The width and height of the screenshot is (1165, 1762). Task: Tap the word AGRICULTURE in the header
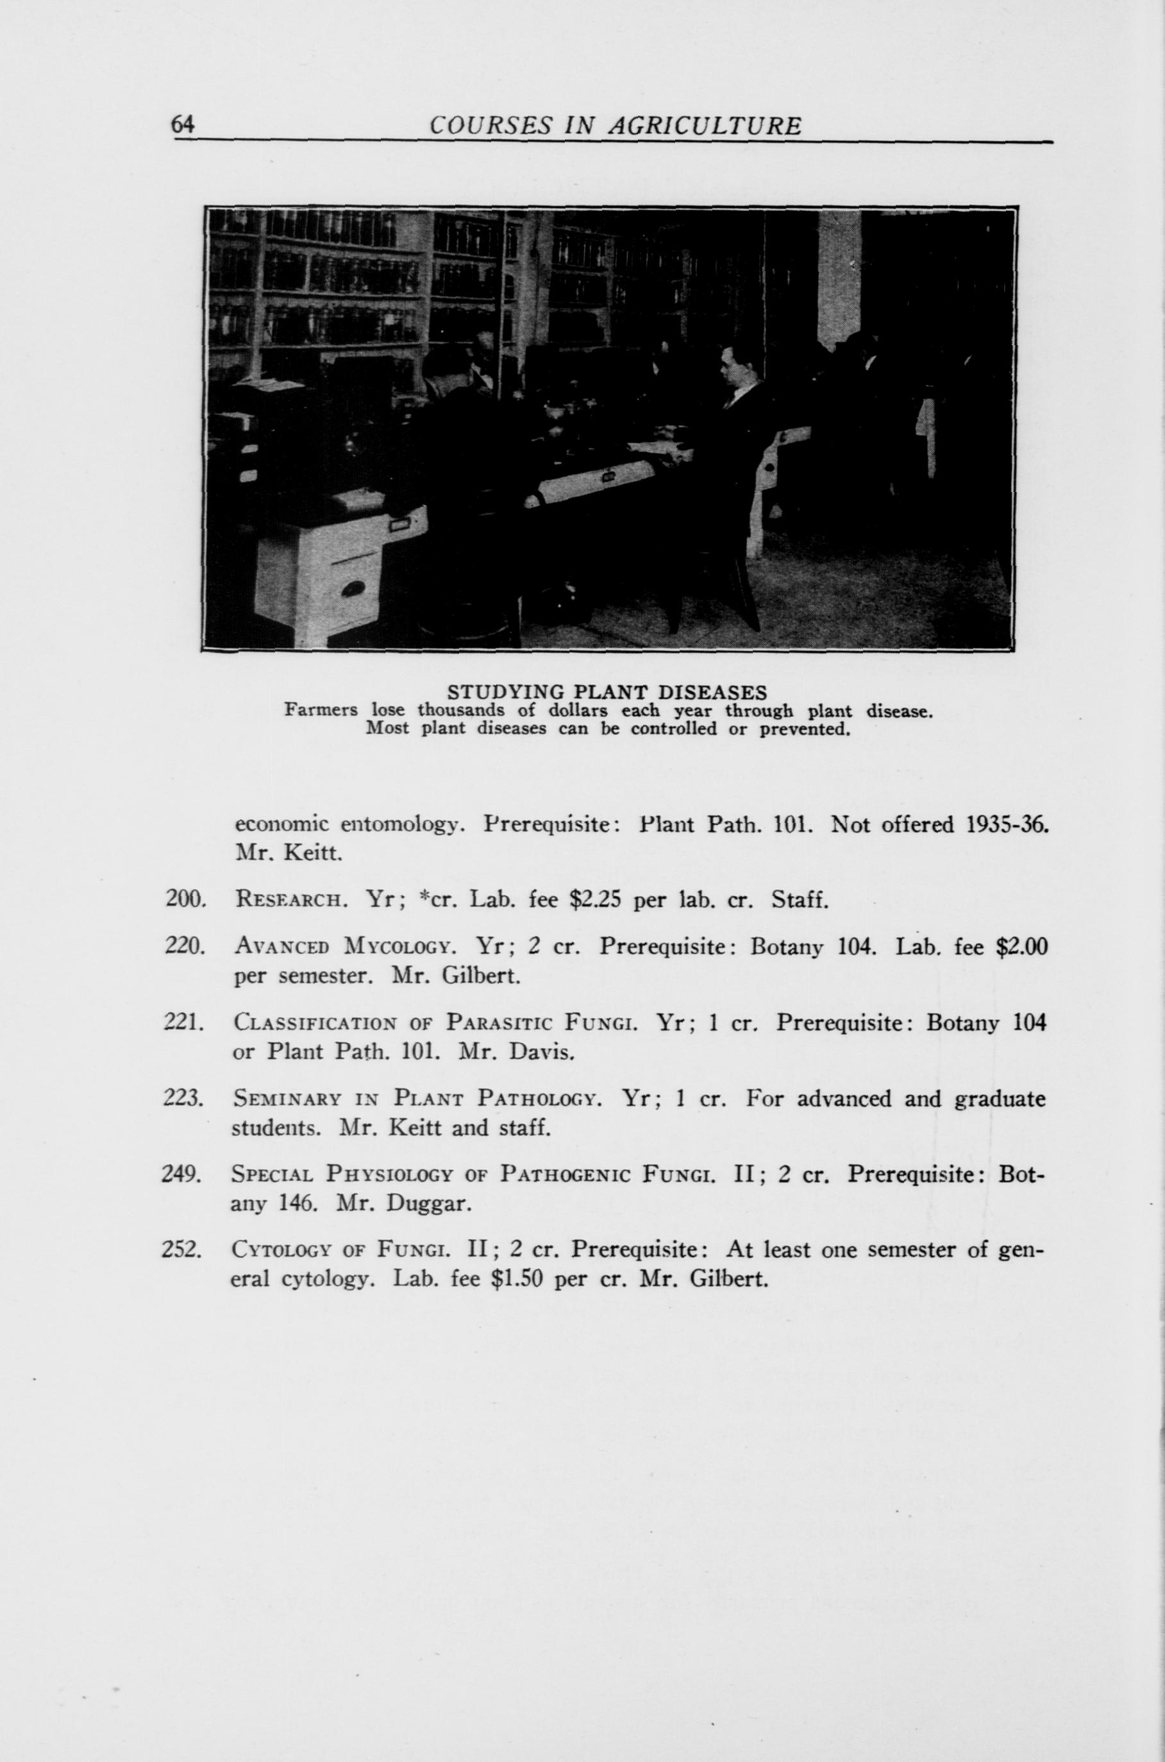coord(705,126)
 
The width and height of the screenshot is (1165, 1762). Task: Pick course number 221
coord(182,1023)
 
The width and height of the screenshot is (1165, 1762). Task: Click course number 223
coord(182,1098)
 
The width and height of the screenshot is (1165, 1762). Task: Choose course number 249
coord(182,1174)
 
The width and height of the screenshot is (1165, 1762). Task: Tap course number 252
coord(182,1250)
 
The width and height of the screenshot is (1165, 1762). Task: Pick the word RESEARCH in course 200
coord(287,901)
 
